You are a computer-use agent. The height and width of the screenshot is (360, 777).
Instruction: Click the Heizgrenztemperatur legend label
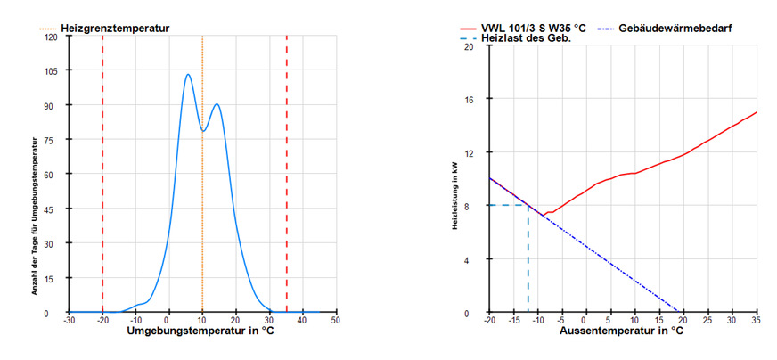tap(114, 29)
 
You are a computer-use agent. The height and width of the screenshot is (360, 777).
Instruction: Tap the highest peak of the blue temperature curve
tap(188, 75)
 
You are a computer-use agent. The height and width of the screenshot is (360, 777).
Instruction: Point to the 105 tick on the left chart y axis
tap(52, 71)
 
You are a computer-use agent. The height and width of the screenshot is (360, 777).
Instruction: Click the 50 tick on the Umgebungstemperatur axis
tap(336, 320)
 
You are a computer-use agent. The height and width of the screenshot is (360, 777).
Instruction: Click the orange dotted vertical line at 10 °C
tap(202, 223)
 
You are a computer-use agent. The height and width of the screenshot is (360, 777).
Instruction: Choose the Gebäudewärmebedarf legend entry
tap(677, 29)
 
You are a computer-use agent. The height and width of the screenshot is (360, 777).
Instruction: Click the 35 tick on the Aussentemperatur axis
tap(756, 320)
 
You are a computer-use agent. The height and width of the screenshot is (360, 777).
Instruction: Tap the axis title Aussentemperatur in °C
tap(622, 332)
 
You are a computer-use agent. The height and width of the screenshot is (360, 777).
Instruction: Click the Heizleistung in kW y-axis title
tap(456, 178)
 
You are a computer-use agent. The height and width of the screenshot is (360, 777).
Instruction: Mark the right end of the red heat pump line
tap(757, 112)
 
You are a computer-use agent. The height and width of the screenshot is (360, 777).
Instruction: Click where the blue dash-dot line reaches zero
tap(680, 313)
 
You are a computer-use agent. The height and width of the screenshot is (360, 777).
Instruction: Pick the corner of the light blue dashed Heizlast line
tap(528, 206)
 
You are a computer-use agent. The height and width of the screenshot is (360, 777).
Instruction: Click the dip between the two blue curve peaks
tap(203, 131)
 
